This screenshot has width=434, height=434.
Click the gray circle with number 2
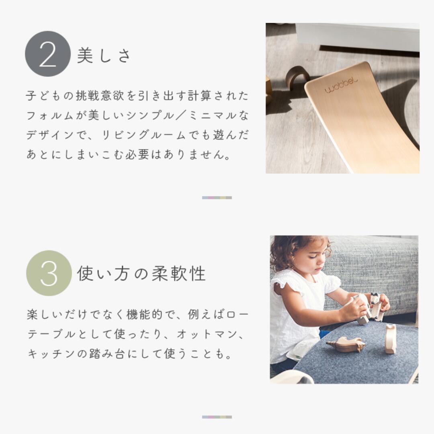pos(48,54)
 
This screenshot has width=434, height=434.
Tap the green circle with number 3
pos(49,273)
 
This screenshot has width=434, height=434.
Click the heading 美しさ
pos(104,55)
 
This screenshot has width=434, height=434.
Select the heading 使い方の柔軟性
pos(141,274)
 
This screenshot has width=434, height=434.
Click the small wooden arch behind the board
pos(297,76)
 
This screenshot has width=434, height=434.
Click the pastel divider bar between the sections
pos(217,198)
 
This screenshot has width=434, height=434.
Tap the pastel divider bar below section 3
pos(217,417)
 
